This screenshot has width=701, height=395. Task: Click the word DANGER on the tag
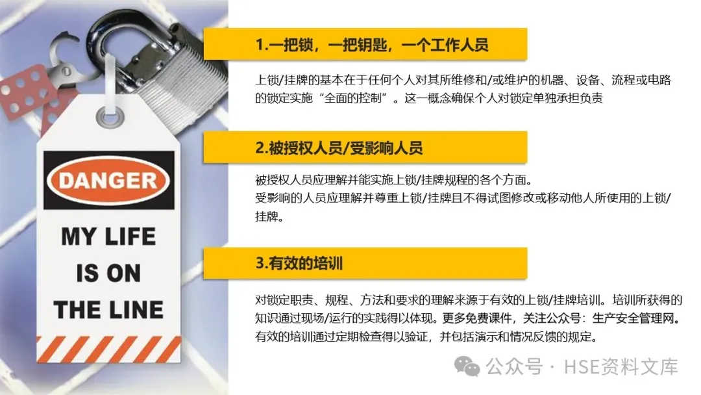(x=108, y=181)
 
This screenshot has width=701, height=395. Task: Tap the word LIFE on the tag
(x=130, y=236)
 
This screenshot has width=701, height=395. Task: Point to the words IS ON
(x=108, y=273)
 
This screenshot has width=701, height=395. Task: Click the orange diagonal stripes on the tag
(x=108, y=349)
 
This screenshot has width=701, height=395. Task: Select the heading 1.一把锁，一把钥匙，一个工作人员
(x=371, y=45)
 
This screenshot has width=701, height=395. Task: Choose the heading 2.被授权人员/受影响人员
(x=339, y=147)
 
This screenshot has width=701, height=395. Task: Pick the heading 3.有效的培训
(x=299, y=263)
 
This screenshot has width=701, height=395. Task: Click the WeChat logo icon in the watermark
(x=467, y=367)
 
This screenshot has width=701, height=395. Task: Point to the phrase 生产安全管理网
(x=633, y=318)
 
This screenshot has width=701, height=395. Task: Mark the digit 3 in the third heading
(x=259, y=263)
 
